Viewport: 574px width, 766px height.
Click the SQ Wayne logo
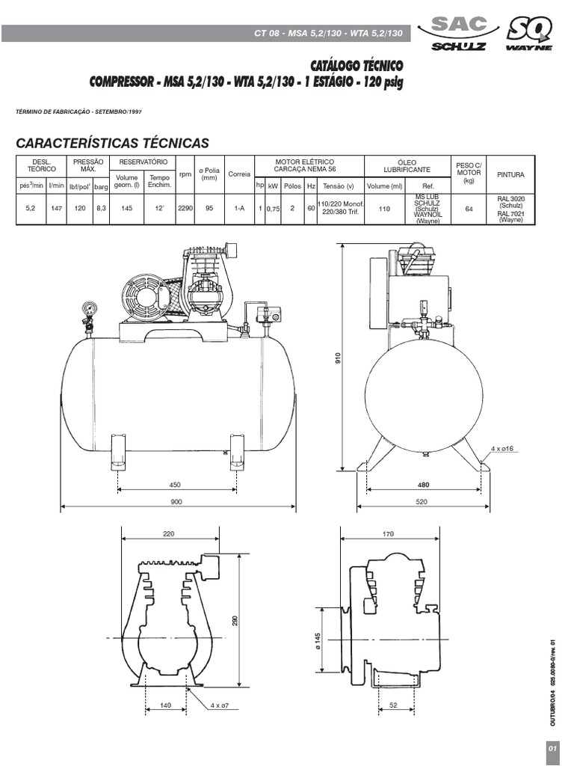(530, 34)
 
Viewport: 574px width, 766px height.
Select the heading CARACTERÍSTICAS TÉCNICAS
(113, 143)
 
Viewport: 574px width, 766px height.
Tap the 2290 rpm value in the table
(185, 209)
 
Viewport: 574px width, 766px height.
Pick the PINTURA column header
(510, 174)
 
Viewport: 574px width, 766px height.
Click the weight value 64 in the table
(469, 209)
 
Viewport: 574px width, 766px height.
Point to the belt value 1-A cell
(239, 209)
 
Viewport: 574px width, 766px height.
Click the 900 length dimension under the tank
(176, 502)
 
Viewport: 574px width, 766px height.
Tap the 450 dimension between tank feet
(175, 484)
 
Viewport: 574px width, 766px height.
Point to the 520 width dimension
(423, 502)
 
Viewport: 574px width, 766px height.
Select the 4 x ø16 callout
(502, 448)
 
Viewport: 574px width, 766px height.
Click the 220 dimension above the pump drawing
(168, 534)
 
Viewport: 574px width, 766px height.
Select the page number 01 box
(552, 749)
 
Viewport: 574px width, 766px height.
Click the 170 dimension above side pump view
(409, 534)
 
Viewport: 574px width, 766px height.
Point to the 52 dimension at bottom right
(392, 705)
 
